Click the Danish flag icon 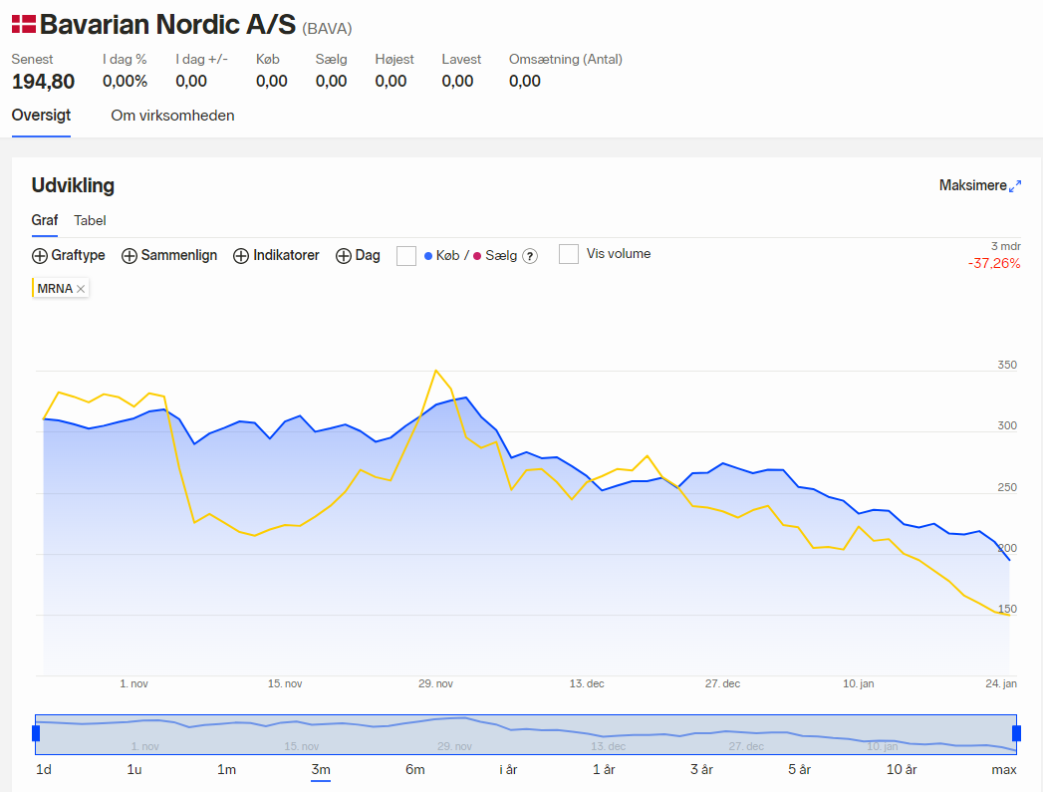24,25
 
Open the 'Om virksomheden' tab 172,116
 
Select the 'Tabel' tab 90,221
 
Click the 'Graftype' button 69,255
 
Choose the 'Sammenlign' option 169,255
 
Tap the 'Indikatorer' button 276,255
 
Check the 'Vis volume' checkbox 569,254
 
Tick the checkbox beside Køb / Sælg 406,256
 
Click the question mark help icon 530,256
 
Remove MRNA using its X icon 81,289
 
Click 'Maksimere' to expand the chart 980,185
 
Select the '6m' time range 415,769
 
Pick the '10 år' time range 902,769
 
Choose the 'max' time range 1004,769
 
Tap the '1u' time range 134,769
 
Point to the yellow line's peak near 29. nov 435,371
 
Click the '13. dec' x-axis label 587,683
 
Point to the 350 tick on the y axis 1007,365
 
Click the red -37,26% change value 994,263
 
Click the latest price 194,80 43,82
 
